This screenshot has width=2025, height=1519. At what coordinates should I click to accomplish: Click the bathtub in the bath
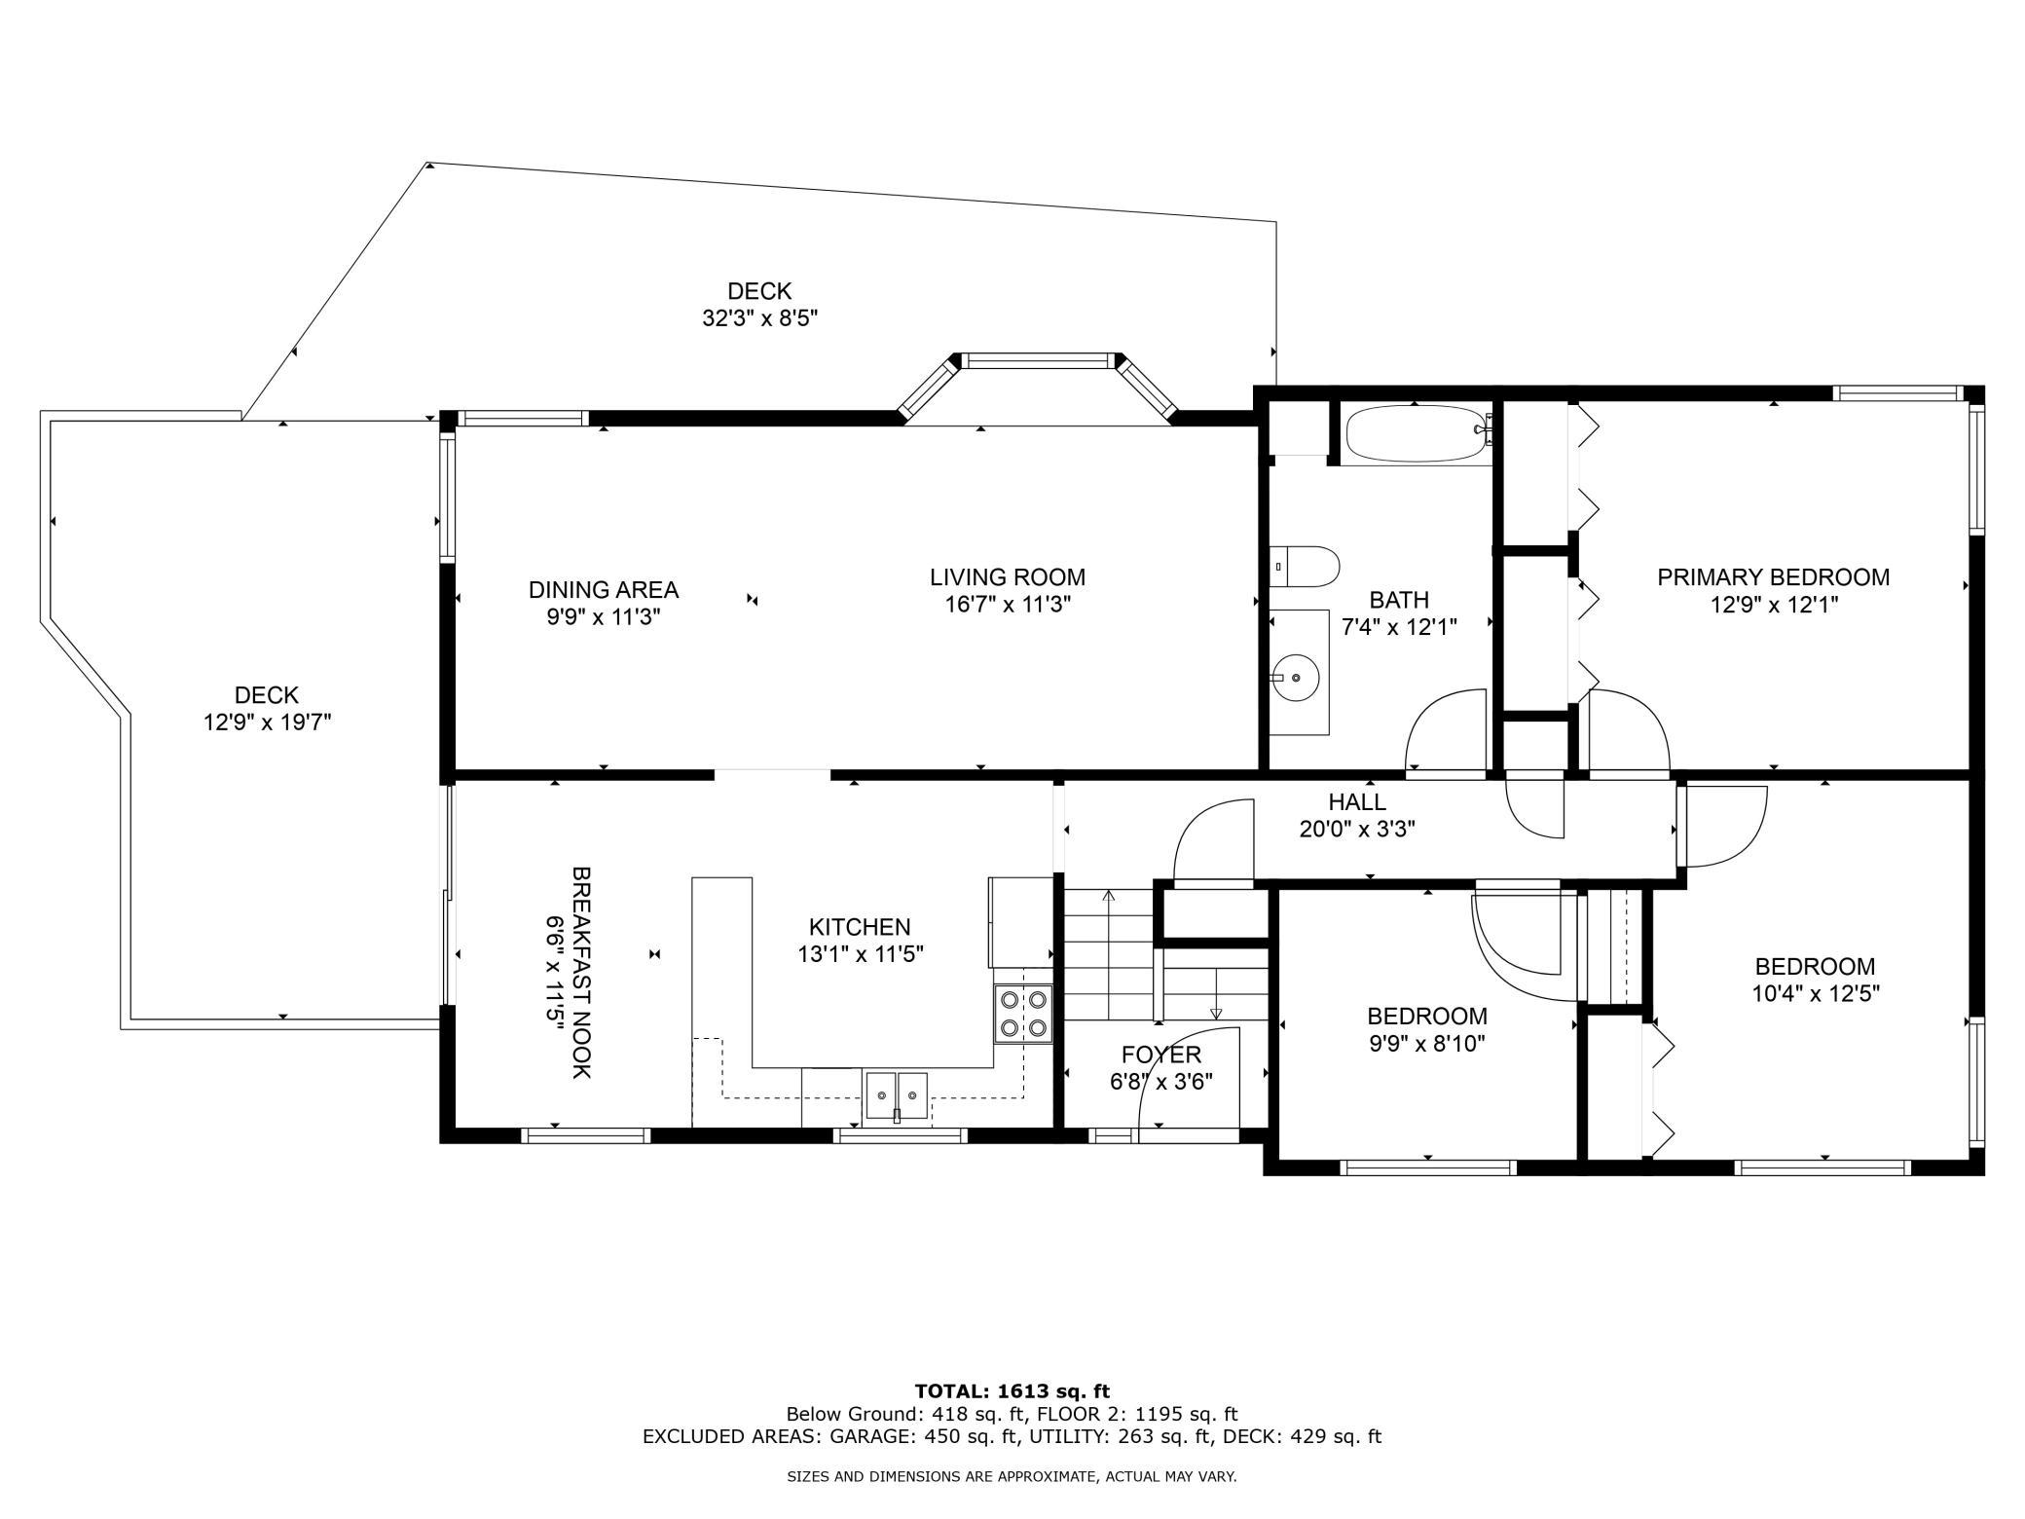1418,434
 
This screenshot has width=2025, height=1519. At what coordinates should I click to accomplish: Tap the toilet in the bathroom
1306,567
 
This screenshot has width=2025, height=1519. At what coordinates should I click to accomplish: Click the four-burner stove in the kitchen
1023,1014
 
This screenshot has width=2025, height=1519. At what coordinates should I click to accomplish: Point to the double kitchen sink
897,1096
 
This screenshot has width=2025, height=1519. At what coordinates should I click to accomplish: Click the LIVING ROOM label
1008,577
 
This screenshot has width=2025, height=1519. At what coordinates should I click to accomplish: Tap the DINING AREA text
604,590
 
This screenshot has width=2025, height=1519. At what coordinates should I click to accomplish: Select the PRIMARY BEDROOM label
1774,577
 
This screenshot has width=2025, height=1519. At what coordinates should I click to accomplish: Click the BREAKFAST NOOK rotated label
581,972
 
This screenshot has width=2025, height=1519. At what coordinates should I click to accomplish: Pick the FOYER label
1161,1055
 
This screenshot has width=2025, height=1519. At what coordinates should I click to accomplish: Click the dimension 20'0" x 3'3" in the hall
1357,830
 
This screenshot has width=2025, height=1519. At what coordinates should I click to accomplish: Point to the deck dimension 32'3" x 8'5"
760,318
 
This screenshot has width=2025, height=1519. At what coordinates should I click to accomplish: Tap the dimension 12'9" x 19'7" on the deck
268,722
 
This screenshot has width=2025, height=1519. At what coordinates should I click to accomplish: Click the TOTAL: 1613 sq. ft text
1012,1391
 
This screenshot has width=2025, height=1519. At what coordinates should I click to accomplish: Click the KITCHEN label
860,927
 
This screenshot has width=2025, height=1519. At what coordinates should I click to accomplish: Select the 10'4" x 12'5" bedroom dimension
1815,994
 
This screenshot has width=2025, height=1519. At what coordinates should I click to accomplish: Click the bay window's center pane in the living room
1039,361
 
